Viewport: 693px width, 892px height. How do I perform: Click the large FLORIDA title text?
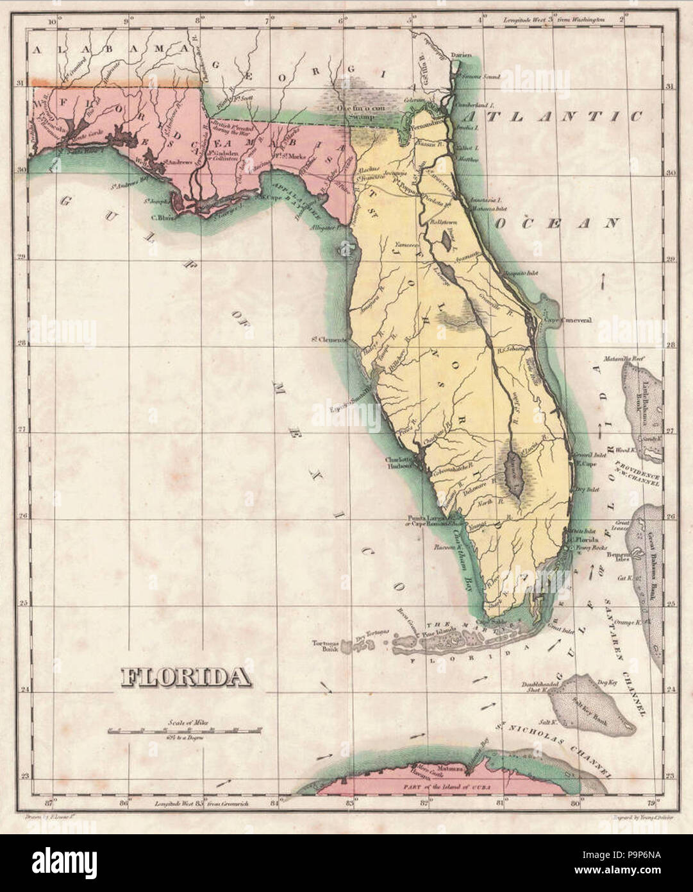click(186, 676)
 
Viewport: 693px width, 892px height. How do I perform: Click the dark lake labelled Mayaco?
click(514, 474)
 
